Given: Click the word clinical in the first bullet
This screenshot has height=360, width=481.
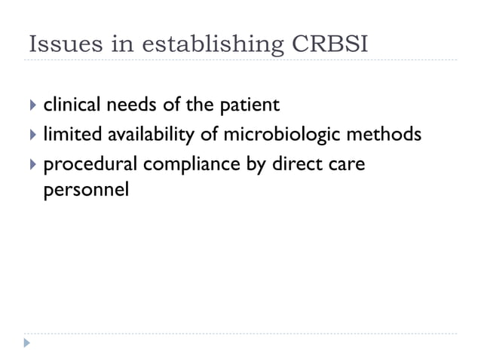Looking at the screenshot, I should click(73, 105).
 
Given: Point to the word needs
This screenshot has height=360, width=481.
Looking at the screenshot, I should click(135, 105).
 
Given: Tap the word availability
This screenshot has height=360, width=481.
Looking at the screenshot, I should click(154, 136).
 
